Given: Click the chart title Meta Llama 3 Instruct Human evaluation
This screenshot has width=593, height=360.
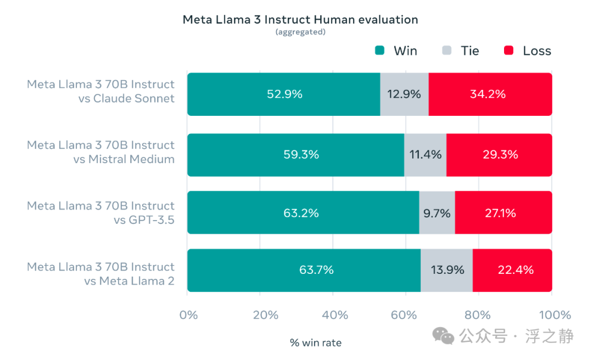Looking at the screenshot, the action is pos(300,20).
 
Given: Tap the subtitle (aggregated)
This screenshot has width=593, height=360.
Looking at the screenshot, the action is pos(300,32).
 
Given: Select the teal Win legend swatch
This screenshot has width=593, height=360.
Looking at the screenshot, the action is pos(380,50).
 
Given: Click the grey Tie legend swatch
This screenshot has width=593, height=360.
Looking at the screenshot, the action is pos(446,50).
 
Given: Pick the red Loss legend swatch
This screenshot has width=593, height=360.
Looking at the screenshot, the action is pos(508,50).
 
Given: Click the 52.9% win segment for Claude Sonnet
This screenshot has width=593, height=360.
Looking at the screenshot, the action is pos(284,94).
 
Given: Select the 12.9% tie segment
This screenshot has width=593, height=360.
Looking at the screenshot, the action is pos(404,94).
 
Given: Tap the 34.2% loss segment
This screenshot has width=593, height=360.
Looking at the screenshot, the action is pos(490,94).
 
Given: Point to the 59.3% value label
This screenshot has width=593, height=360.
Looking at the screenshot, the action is pos(301,155).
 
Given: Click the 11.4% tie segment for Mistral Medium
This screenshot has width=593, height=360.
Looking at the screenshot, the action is pos(425,155).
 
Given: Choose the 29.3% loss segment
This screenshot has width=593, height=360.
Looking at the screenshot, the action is pos(499,155).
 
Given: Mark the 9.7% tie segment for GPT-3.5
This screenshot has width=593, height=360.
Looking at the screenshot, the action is pos(437,212).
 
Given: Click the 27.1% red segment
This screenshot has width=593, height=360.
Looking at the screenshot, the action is pos(504,212).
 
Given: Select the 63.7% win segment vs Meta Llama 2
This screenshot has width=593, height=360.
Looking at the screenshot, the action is pos(304,271).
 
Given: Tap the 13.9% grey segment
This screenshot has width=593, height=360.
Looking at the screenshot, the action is pos(446,271).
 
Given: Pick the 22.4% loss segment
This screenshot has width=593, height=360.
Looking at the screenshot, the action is pos(512,271).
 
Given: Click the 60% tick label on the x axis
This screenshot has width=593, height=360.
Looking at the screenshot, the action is pos(404,315).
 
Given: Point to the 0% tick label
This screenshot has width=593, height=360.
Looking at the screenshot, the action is pos(188,315).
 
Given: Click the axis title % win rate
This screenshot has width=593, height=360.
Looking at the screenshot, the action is pos(315,343).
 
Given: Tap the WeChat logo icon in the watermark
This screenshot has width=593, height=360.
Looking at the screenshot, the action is pos(443,336).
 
